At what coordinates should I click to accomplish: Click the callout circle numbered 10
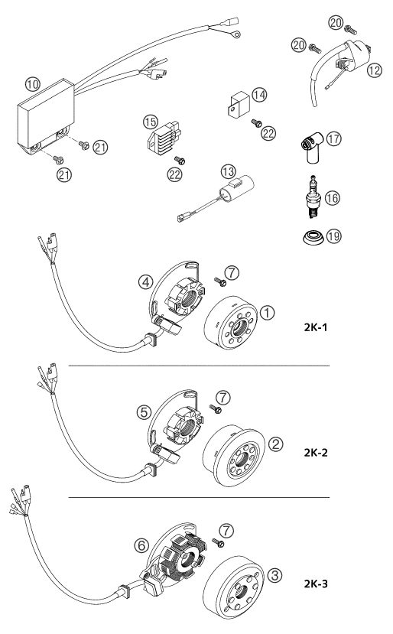pyautogui.click(x=32, y=84)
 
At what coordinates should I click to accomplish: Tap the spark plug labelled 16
pyautogui.click(x=313, y=197)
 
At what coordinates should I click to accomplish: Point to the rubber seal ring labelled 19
pyautogui.click(x=313, y=237)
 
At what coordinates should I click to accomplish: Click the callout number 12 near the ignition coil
pyautogui.click(x=375, y=70)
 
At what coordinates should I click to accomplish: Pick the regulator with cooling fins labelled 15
pyautogui.click(x=164, y=138)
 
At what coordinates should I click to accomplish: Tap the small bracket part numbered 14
pyautogui.click(x=239, y=104)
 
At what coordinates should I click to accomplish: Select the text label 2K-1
pyautogui.click(x=315, y=327)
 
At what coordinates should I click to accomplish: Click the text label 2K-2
pyautogui.click(x=315, y=452)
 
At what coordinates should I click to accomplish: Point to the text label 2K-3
pyautogui.click(x=315, y=584)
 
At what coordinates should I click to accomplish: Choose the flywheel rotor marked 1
pyautogui.click(x=230, y=322)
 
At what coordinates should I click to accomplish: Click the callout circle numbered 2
pyautogui.click(x=275, y=444)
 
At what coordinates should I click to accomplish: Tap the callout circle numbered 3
pyautogui.click(x=275, y=575)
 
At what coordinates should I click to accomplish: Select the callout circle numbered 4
pyautogui.click(x=145, y=281)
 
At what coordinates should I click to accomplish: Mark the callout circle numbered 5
pyautogui.click(x=144, y=412)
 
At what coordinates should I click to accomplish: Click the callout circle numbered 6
pyautogui.click(x=141, y=545)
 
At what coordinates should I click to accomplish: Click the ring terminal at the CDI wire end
pyautogui.click(x=235, y=34)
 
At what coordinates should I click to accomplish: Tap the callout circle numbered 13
pyautogui.click(x=228, y=171)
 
